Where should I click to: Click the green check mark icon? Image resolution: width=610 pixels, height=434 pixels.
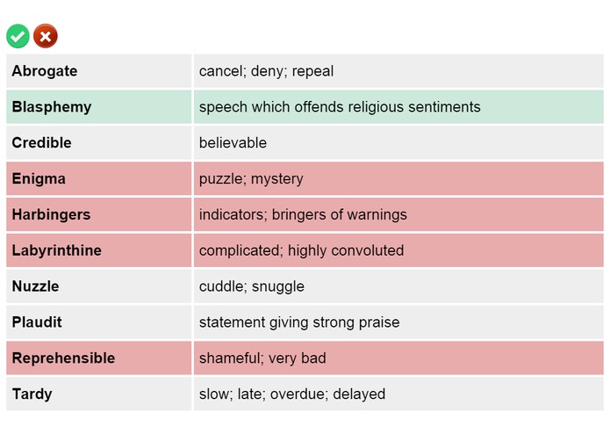(x=18, y=36)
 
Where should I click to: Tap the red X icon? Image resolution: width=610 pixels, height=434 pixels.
(x=45, y=36)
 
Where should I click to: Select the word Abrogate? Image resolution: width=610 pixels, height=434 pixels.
(x=45, y=71)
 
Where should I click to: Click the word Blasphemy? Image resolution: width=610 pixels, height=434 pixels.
(x=52, y=107)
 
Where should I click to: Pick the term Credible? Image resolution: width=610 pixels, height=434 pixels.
(x=42, y=143)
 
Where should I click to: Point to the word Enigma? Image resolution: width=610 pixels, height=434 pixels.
(x=39, y=179)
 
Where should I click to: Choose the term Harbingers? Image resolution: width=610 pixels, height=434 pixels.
(x=51, y=215)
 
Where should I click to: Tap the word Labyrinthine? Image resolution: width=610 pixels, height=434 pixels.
(x=57, y=251)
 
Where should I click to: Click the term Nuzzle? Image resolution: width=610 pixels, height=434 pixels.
(x=36, y=286)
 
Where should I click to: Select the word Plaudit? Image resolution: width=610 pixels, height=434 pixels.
(x=38, y=322)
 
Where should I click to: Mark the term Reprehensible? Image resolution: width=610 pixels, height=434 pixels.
(x=63, y=358)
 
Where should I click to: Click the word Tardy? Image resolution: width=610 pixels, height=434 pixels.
(x=32, y=394)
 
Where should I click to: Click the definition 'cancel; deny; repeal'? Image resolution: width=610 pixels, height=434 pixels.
(x=266, y=71)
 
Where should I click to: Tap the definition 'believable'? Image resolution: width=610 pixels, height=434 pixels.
(x=233, y=143)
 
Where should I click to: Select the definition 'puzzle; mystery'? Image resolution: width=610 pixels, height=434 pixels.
(x=251, y=179)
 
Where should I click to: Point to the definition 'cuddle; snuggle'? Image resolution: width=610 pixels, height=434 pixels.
(x=252, y=286)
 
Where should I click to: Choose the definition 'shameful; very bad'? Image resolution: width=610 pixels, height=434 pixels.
(x=262, y=358)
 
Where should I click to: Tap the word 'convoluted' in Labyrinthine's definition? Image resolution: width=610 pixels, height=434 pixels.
(x=366, y=251)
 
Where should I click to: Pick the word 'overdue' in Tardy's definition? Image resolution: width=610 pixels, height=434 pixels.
(x=297, y=394)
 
